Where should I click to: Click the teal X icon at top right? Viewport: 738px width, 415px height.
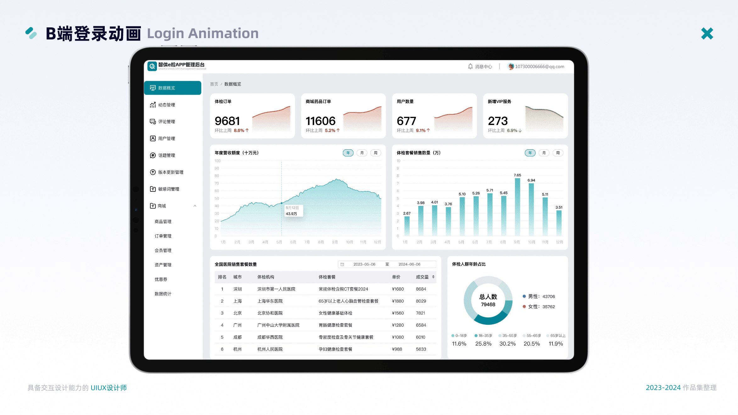[707, 34]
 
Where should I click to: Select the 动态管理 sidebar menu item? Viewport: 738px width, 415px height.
[166, 105]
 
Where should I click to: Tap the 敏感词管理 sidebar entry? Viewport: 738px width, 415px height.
[169, 189]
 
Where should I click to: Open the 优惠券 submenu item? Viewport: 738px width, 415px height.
[161, 279]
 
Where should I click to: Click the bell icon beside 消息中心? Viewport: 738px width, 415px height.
[470, 66]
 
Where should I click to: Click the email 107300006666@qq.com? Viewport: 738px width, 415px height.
[539, 66]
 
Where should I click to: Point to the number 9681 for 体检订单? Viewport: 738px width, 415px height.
[227, 121]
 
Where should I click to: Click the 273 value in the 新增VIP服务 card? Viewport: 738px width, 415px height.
[498, 121]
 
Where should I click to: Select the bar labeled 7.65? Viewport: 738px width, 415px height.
[517, 207]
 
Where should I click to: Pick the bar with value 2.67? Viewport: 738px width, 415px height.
[407, 226]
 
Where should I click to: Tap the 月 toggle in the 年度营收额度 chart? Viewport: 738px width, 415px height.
[362, 153]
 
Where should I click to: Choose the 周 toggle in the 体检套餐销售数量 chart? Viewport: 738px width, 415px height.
[558, 153]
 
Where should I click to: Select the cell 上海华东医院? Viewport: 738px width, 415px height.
[270, 301]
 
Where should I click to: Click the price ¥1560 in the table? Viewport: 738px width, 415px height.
[398, 313]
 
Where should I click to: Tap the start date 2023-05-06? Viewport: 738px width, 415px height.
[364, 264]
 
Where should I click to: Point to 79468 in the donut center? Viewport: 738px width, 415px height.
[488, 304]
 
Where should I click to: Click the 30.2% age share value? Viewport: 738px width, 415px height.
[507, 344]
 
